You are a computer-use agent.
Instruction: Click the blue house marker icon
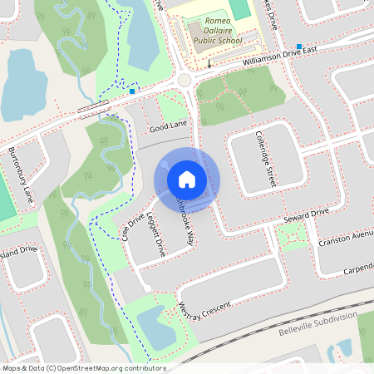(x=187, y=180)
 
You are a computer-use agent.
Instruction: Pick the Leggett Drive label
(x=155, y=236)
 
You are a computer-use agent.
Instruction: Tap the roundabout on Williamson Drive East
(x=185, y=81)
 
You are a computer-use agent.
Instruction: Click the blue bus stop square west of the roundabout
(x=132, y=91)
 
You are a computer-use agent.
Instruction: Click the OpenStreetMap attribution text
(x=83, y=368)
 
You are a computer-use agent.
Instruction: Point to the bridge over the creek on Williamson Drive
(x=94, y=108)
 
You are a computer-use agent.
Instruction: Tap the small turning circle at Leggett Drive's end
(x=146, y=288)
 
